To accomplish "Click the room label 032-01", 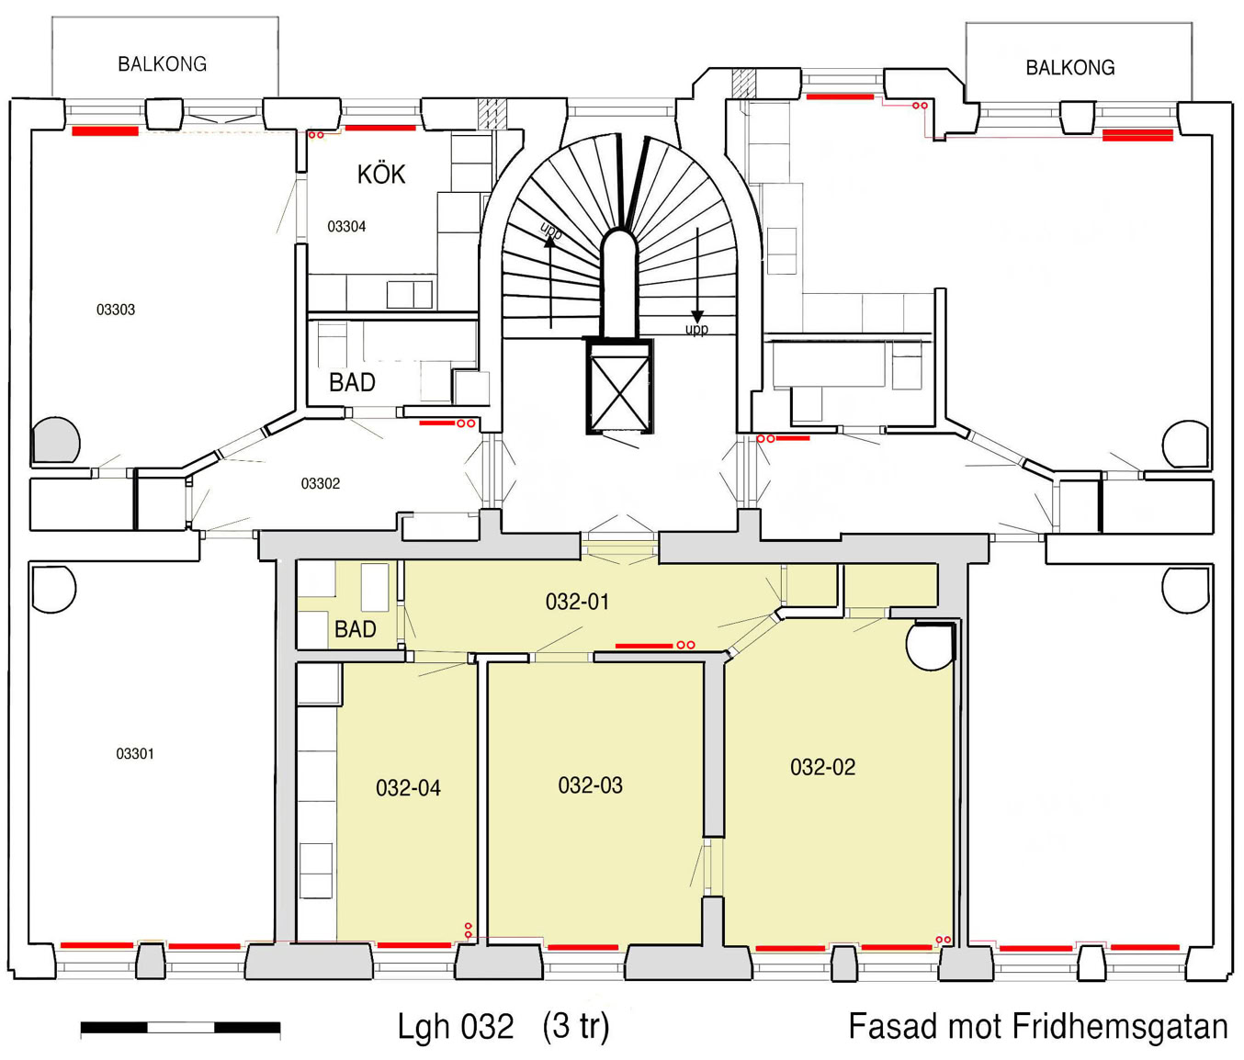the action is [577, 602].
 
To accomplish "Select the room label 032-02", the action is [822, 767].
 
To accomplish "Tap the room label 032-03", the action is [591, 785].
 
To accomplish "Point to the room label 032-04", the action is [408, 788].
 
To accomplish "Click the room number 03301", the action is [135, 754].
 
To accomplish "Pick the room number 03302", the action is [320, 484].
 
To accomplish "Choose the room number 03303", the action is [116, 310].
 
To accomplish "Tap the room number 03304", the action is [346, 227].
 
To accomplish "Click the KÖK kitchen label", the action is [381, 174].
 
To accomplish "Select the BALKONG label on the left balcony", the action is [162, 64].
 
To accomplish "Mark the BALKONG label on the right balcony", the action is [1070, 67].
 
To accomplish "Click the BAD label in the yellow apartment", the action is [355, 629].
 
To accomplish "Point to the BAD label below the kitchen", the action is [352, 382].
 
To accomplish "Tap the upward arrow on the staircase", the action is [549, 282].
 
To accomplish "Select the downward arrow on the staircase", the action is [697, 276].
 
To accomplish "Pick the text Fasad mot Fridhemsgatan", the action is [1037, 1026].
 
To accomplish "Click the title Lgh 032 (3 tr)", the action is [503, 1026].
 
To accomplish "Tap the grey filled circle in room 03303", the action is [56, 440].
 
